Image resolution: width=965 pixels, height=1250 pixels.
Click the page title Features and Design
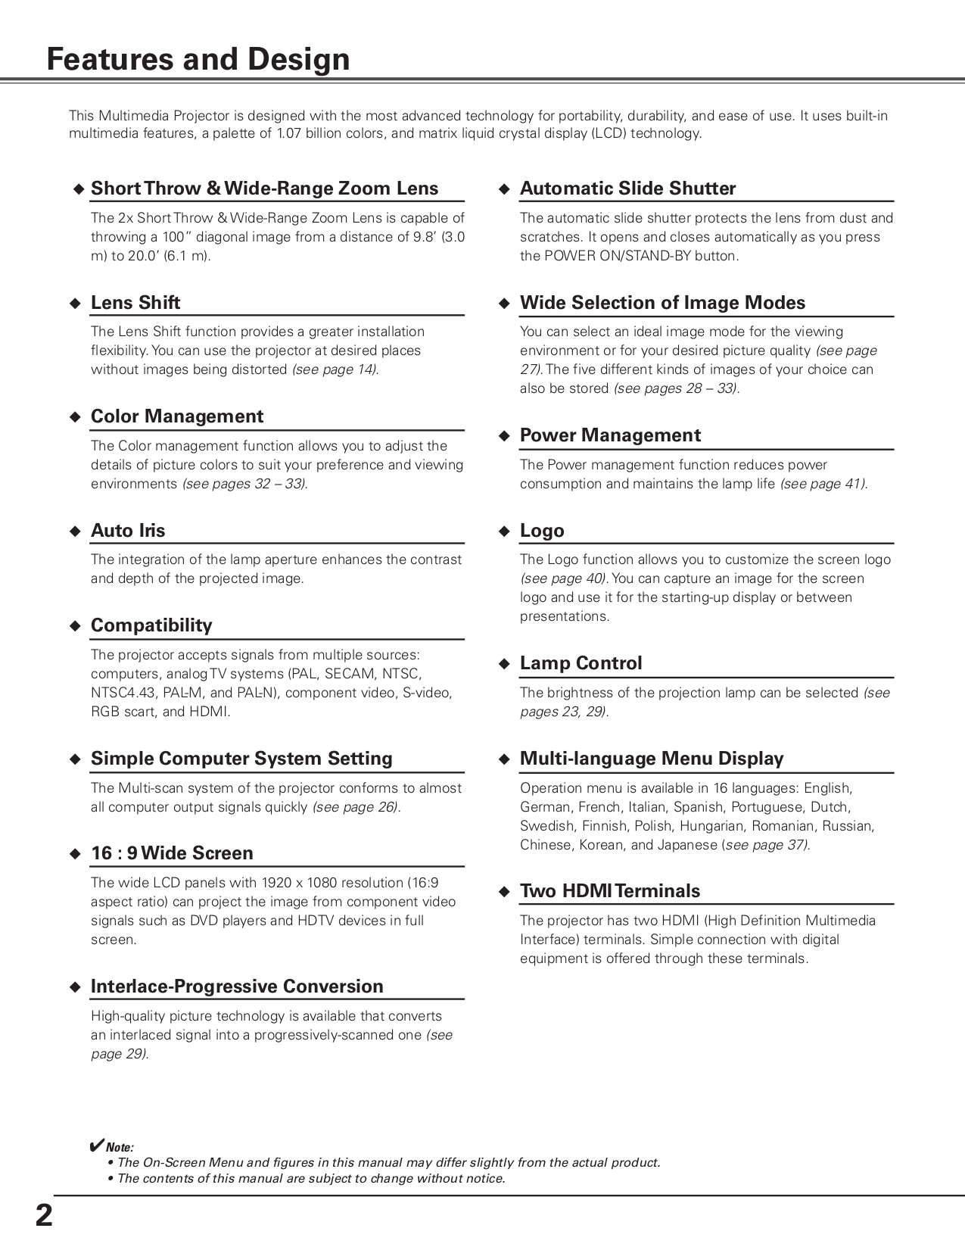198,59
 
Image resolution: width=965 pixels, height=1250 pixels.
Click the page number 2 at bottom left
44,1215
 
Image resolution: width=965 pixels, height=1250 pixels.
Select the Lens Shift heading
135,303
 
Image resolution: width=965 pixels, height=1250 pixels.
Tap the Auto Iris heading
128,531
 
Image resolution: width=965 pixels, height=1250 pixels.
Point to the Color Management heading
177,416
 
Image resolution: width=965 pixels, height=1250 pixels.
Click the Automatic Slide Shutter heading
627,189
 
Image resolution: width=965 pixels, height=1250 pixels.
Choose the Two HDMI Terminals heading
610,891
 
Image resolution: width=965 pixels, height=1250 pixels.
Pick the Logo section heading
542,531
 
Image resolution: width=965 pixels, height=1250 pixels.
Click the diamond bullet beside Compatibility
75,626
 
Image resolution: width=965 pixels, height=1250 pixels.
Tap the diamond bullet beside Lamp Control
505,664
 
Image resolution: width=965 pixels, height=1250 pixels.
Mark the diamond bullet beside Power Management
505,436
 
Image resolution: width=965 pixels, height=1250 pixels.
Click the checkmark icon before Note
96,1145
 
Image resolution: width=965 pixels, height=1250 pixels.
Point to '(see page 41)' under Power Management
823,484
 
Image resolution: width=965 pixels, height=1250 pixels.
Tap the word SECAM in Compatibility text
350,674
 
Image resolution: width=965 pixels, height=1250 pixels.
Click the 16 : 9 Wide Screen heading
172,853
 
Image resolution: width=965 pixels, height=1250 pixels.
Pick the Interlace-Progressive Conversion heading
237,987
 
